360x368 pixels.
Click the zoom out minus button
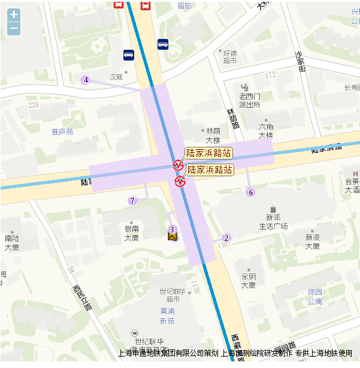pos(14,28)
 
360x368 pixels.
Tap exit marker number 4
pos(86,80)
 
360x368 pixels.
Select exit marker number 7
pos(132,201)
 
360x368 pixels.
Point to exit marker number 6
pos(251,192)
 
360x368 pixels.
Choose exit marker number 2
pos(226,237)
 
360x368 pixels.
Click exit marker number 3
pos(172,229)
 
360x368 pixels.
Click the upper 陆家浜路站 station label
pos(208,153)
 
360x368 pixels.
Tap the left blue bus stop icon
pos(128,55)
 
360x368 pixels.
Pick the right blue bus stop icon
pos(163,44)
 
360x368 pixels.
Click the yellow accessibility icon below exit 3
pos(172,239)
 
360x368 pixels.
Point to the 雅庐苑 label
pos(62,131)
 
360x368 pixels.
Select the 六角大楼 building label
pos(266,131)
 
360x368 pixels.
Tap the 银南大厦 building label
pos(132,233)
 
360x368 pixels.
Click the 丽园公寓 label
pos(315,297)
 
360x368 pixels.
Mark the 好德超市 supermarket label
pos(230,57)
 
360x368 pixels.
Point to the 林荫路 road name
pos(232,118)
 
